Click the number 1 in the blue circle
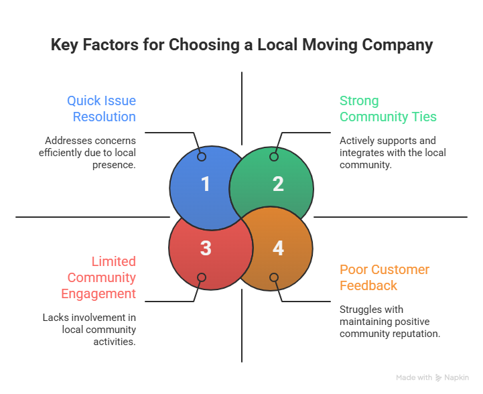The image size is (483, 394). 205,184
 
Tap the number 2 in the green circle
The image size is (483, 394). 278,184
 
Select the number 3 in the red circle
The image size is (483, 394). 205,248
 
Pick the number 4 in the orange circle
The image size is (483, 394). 278,248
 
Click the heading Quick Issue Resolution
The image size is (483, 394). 101,109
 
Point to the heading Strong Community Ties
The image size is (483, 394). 388,109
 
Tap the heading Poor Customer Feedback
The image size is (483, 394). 385,277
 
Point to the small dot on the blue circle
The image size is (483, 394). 202,157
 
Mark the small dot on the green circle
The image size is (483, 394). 273,157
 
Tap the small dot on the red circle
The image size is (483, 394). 202,277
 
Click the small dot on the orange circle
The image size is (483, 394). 273,277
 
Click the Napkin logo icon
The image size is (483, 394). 439,378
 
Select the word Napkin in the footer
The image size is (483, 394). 457,378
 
